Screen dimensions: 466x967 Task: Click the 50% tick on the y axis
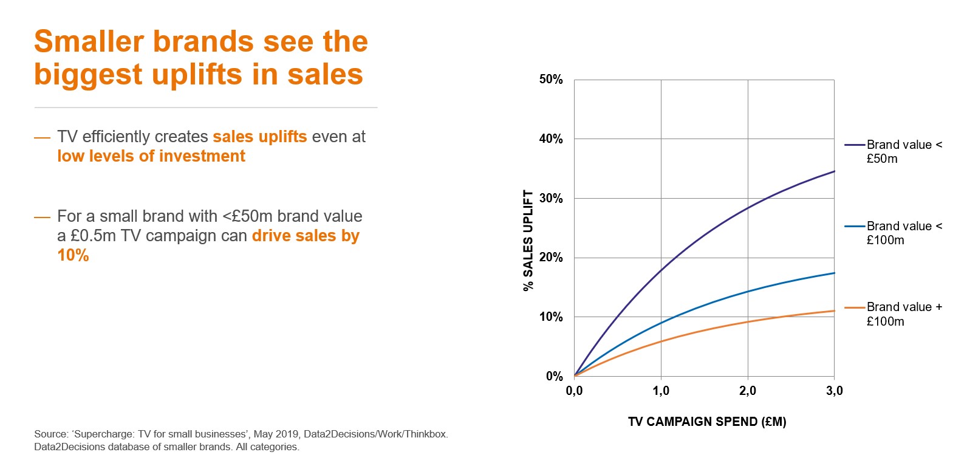[551, 80]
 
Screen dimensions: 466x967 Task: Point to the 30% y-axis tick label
[551, 199]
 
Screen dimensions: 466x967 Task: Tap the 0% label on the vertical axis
[554, 377]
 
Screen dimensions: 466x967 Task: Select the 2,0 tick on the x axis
[748, 391]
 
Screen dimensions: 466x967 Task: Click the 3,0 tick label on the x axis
[835, 391]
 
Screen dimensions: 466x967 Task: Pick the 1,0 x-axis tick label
[661, 391]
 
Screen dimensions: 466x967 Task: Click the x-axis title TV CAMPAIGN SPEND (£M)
[707, 422]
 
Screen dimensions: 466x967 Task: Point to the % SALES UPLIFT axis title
[528, 241]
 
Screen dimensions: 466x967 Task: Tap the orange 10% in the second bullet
[73, 255]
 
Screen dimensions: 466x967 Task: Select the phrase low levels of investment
[151, 156]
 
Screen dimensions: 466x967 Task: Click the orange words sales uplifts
[259, 137]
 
